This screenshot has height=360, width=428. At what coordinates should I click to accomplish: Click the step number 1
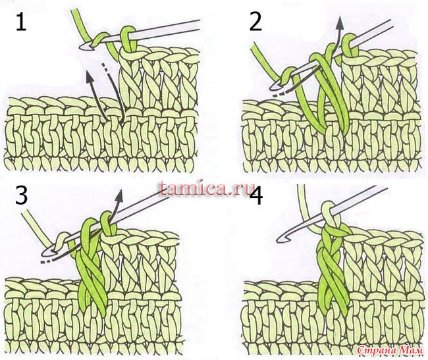tap(21, 22)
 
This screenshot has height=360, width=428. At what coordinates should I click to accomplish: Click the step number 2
tap(255, 22)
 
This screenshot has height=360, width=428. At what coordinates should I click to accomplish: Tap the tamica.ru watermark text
tap(204, 189)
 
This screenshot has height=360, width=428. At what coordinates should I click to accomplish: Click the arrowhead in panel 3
tap(120, 196)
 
